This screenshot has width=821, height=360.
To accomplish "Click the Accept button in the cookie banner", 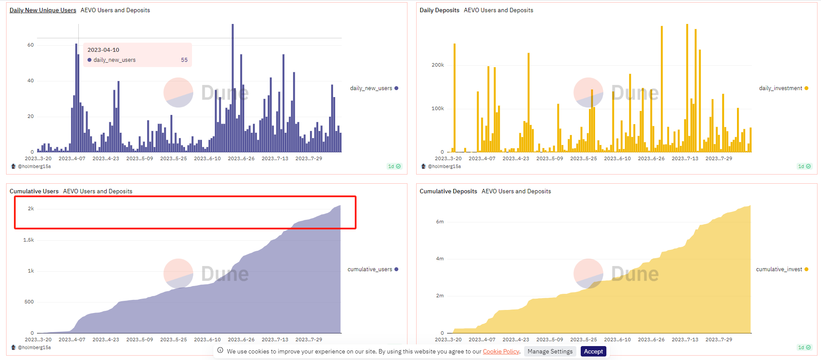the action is coord(593,351).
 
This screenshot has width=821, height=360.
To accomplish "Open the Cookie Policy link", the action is coord(501,351).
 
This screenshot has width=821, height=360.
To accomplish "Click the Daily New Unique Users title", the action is coord(43,10).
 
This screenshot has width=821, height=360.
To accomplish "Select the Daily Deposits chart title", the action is coord(439,10).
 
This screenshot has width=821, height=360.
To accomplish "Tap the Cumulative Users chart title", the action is coord(34,191).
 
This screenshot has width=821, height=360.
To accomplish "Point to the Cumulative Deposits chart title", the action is coord(448,191).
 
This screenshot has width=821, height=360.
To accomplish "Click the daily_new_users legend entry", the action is coord(374,88).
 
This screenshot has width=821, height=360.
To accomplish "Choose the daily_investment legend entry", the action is coord(784,88).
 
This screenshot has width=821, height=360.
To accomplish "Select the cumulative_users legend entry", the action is coord(373,269).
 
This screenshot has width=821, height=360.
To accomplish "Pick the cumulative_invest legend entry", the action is coord(782,269).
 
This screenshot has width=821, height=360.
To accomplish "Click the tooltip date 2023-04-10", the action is coord(103,50).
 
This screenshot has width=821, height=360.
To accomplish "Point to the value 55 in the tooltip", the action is coord(184,60).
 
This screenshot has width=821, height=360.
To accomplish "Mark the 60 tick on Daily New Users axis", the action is coord(30,45).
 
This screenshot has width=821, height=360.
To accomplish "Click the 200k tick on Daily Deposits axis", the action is coord(437,65).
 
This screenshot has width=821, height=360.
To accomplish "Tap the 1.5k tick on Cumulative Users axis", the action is coord(29,240).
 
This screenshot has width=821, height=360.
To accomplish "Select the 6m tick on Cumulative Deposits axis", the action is coord(440,222).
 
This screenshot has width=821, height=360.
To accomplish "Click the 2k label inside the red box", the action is coord(31,209).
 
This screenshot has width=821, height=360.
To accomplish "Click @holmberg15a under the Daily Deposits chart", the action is coord(444,166).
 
